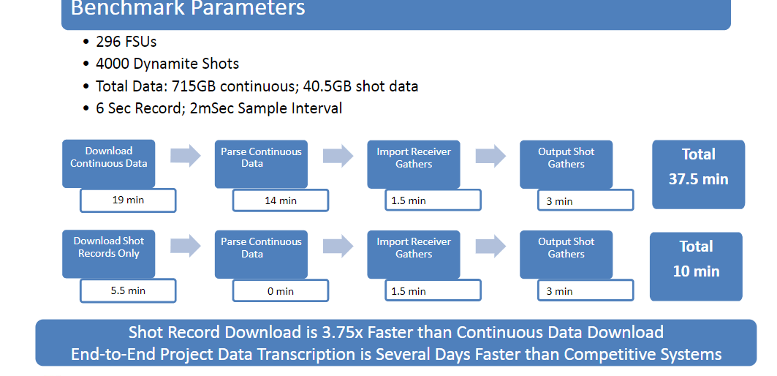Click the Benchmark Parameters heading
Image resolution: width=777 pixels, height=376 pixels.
pos(188,9)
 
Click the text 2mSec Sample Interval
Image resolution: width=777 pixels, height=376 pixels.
pos(266,108)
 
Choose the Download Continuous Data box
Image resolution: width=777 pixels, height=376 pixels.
pos(108,164)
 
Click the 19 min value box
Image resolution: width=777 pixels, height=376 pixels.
pos(128,200)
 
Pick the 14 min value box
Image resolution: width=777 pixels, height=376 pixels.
pos(281,200)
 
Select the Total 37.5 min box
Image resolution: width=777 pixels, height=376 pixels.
pos(698,174)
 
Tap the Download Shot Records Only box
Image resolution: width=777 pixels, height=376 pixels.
pos(108,254)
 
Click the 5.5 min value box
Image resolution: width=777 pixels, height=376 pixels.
pos(128,290)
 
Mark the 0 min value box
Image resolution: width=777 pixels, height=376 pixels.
pos(281,290)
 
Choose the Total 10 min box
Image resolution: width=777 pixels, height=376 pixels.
pos(696,266)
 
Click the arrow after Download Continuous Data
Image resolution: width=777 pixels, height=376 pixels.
pos(186,155)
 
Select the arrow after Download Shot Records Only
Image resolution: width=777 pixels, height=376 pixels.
pos(186,246)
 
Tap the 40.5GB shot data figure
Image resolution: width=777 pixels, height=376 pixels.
pos(361,86)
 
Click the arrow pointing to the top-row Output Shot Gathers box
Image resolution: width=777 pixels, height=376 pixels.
pos(490,156)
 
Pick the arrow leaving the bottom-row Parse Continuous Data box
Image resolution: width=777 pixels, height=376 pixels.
pos(338,246)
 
